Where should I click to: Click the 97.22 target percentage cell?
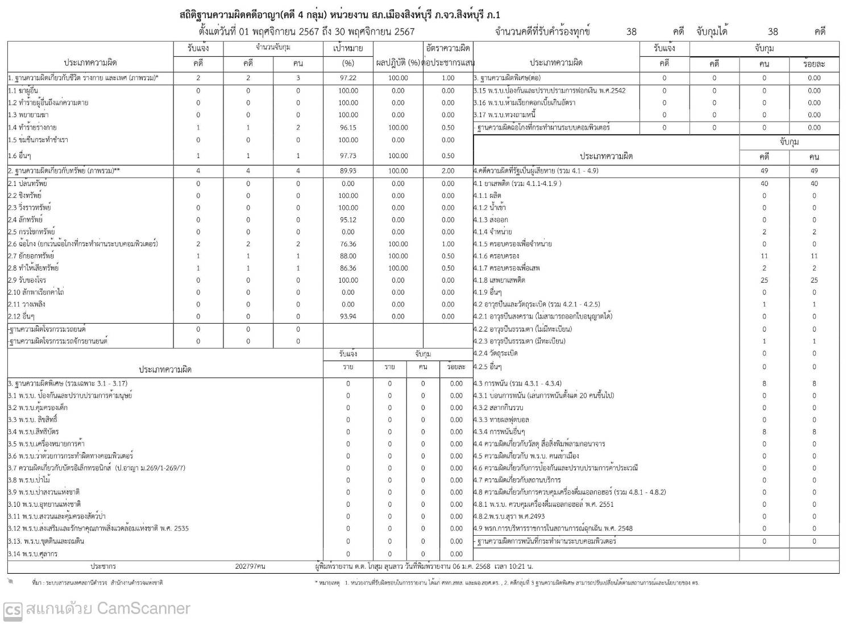[x=348, y=78]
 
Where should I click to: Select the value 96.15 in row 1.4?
[x=348, y=127]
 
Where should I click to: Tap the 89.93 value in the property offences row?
[x=348, y=171]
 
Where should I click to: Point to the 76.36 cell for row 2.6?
[x=348, y=244]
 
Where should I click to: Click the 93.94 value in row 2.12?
[x=348, y=316]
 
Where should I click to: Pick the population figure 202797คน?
[x=250, y=566]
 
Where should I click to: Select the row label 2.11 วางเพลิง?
[x=27, y=304]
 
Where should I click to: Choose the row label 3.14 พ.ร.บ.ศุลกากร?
[x=33, y=554]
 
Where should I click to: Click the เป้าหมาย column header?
[x=348, y=48]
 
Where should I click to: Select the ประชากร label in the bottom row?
[x=103, y=566]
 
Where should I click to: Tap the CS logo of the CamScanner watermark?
[x=13, y=610]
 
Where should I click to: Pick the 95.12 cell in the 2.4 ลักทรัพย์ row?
[x=348, y=220]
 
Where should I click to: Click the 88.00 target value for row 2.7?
[x=348, y=256]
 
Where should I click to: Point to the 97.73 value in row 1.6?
[x=348, y=156]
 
